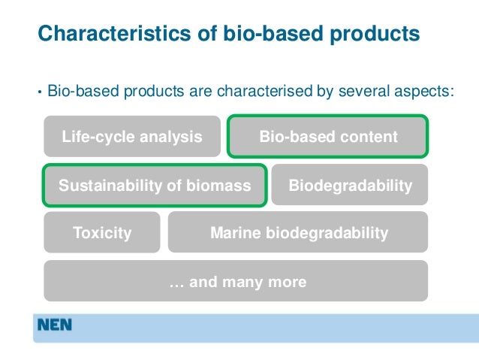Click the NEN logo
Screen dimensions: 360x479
click(x=55, y=326)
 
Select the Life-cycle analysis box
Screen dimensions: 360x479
click(x=132, y=137)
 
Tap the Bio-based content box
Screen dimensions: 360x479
click(x=328, y=137)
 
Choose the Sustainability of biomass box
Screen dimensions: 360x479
click(x=155, y=185)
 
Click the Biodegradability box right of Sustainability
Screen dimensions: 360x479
click(x=350, y=185)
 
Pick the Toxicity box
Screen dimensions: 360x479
click(x=102, y=233)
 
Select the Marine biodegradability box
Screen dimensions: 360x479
click(x=298, y=233)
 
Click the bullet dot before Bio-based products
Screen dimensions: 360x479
click(x=40, y=93)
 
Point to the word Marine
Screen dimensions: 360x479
click(x=235, y=233)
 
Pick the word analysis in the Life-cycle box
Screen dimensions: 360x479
click(x=174, y=137)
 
